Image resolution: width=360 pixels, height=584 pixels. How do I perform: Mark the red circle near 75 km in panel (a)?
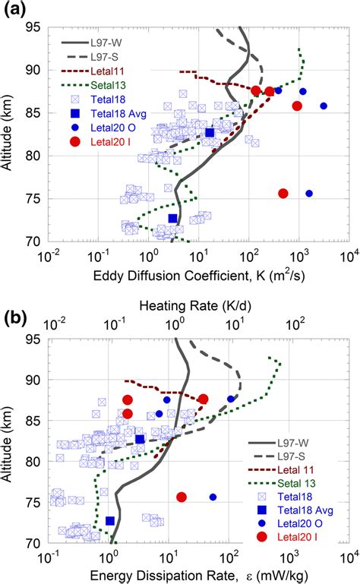[283, 194]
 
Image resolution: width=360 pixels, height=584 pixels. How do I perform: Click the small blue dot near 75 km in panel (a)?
[309, 194]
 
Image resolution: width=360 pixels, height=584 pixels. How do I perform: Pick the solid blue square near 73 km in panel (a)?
[172, 219]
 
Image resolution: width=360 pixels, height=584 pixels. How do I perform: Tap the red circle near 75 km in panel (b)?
[182, 497]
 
